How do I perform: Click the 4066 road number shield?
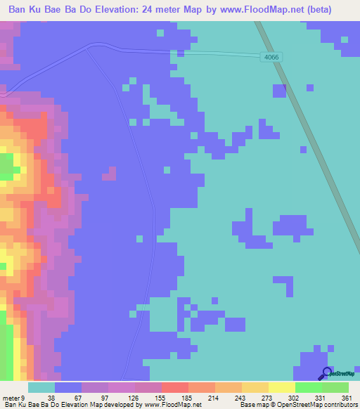click(x=272, y=58)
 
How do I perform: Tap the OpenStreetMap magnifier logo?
click(x=326, y=373)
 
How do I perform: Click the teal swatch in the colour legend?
click(x=41, y=388)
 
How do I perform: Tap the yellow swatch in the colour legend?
click(x=282, y=388)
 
